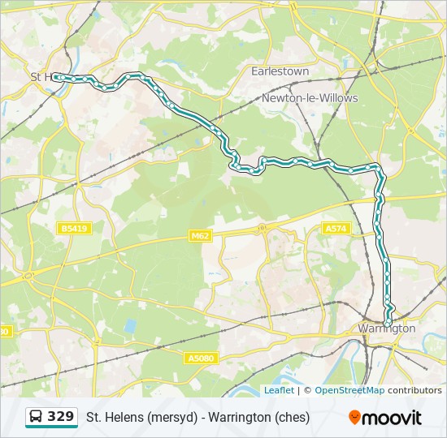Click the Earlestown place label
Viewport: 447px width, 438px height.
coord(280,71)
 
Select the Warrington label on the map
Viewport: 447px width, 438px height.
coord(386,329)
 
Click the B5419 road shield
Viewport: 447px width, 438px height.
coord(74,229)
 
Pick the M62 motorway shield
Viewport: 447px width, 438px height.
coord(200,236)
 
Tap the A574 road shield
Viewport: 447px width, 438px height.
coord(336,229)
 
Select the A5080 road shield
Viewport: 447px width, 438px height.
coord(201,358)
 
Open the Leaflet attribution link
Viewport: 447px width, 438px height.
coord(279,390)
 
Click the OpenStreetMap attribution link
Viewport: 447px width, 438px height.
coord(349,390)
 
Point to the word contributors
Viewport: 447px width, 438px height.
coord(414,390)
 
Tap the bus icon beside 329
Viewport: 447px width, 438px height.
coord(37,418)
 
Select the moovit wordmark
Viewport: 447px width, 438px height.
coord(393,418)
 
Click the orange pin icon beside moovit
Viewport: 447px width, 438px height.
coord(354,418)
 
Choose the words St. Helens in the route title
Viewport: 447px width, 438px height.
coord(115,418)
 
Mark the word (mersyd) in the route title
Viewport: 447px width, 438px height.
coord(172,418)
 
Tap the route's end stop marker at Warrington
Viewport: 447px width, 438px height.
coord(388,323)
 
